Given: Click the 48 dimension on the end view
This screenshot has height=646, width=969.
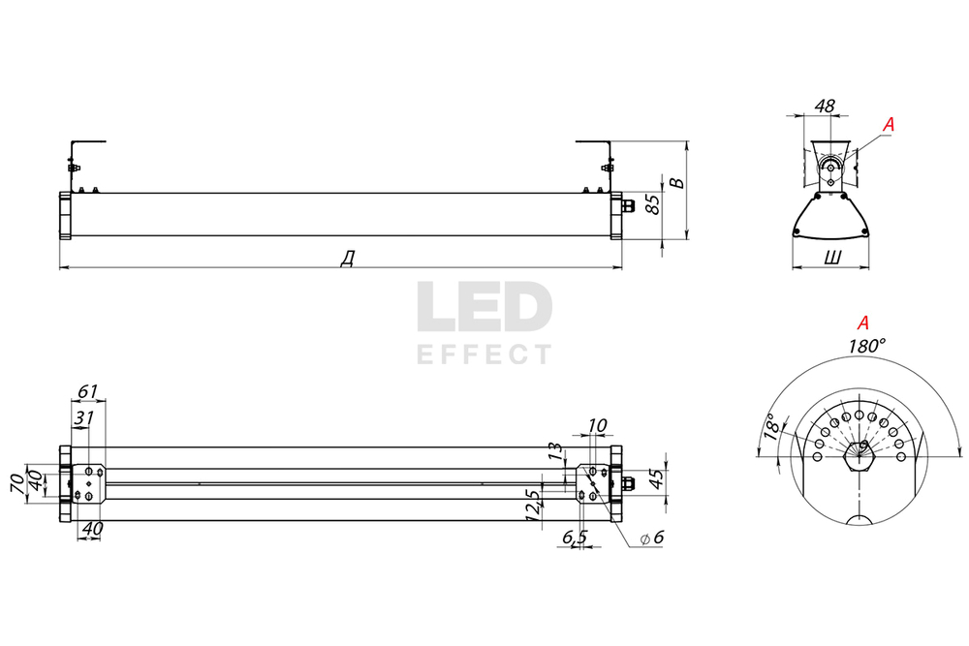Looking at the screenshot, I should [x=827, y=105].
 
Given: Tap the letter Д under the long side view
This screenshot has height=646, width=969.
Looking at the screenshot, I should [x=346, y=258].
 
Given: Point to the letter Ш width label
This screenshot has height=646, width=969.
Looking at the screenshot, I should [x=831, y=258].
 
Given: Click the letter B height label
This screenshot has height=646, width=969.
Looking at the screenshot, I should [x=678, y=182].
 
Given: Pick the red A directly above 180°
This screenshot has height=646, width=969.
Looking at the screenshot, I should [x=863, y=323].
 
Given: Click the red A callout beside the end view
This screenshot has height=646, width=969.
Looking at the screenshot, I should [x=889, y=124].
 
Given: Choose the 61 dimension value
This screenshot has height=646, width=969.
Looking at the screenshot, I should [x=87, y=391].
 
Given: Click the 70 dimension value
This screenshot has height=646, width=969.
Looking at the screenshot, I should [x=16, y=482].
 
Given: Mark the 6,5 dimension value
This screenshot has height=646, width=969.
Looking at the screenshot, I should [x=574, y=538].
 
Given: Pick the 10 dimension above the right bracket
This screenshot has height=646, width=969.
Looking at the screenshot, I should [x=597, y=425].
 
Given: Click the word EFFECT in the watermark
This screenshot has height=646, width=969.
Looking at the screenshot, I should [x=484, y=354].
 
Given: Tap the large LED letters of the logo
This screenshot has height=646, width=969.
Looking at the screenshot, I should [x=484, y=309].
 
